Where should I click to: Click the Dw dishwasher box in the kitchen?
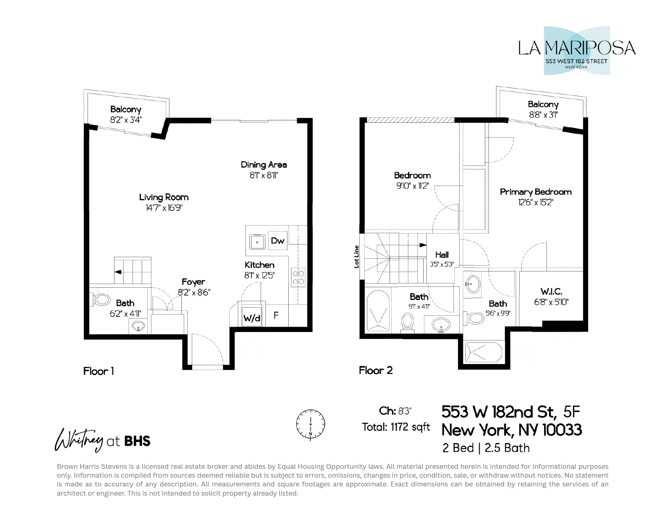tap(277, 240)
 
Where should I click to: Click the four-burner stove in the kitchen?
tap(298, 278)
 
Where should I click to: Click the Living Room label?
tap(164, 197)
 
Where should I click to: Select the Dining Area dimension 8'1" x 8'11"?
tap(263, 175)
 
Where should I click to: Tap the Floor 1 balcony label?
tap(126, 109)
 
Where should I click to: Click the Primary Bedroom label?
tap(535, 192)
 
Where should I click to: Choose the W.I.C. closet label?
tap(551, 292)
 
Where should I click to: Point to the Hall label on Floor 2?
tap(442, 255)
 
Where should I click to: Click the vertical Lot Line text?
tap(356, 256)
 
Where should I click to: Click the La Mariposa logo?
tap(577, 51)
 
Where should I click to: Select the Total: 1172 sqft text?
tap(396, 427)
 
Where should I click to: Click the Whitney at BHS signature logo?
tap(102, 440)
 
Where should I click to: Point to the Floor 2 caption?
tap(376, 370)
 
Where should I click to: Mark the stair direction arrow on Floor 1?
tap(118, 272)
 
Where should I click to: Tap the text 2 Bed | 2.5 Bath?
tap(486, 448)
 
